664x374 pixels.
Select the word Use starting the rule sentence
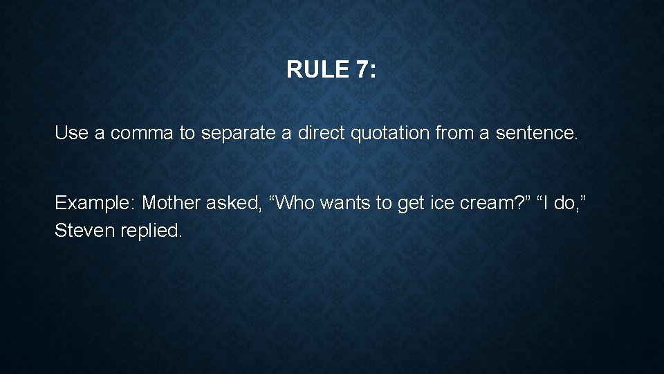pyautogui.click(x=71, y=133)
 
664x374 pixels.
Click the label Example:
pyautogui.click(x=95, y=203)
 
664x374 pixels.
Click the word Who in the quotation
pyautogui.click(x=293, y=203)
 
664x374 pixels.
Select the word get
pyautogui.click(x=409, y=203)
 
